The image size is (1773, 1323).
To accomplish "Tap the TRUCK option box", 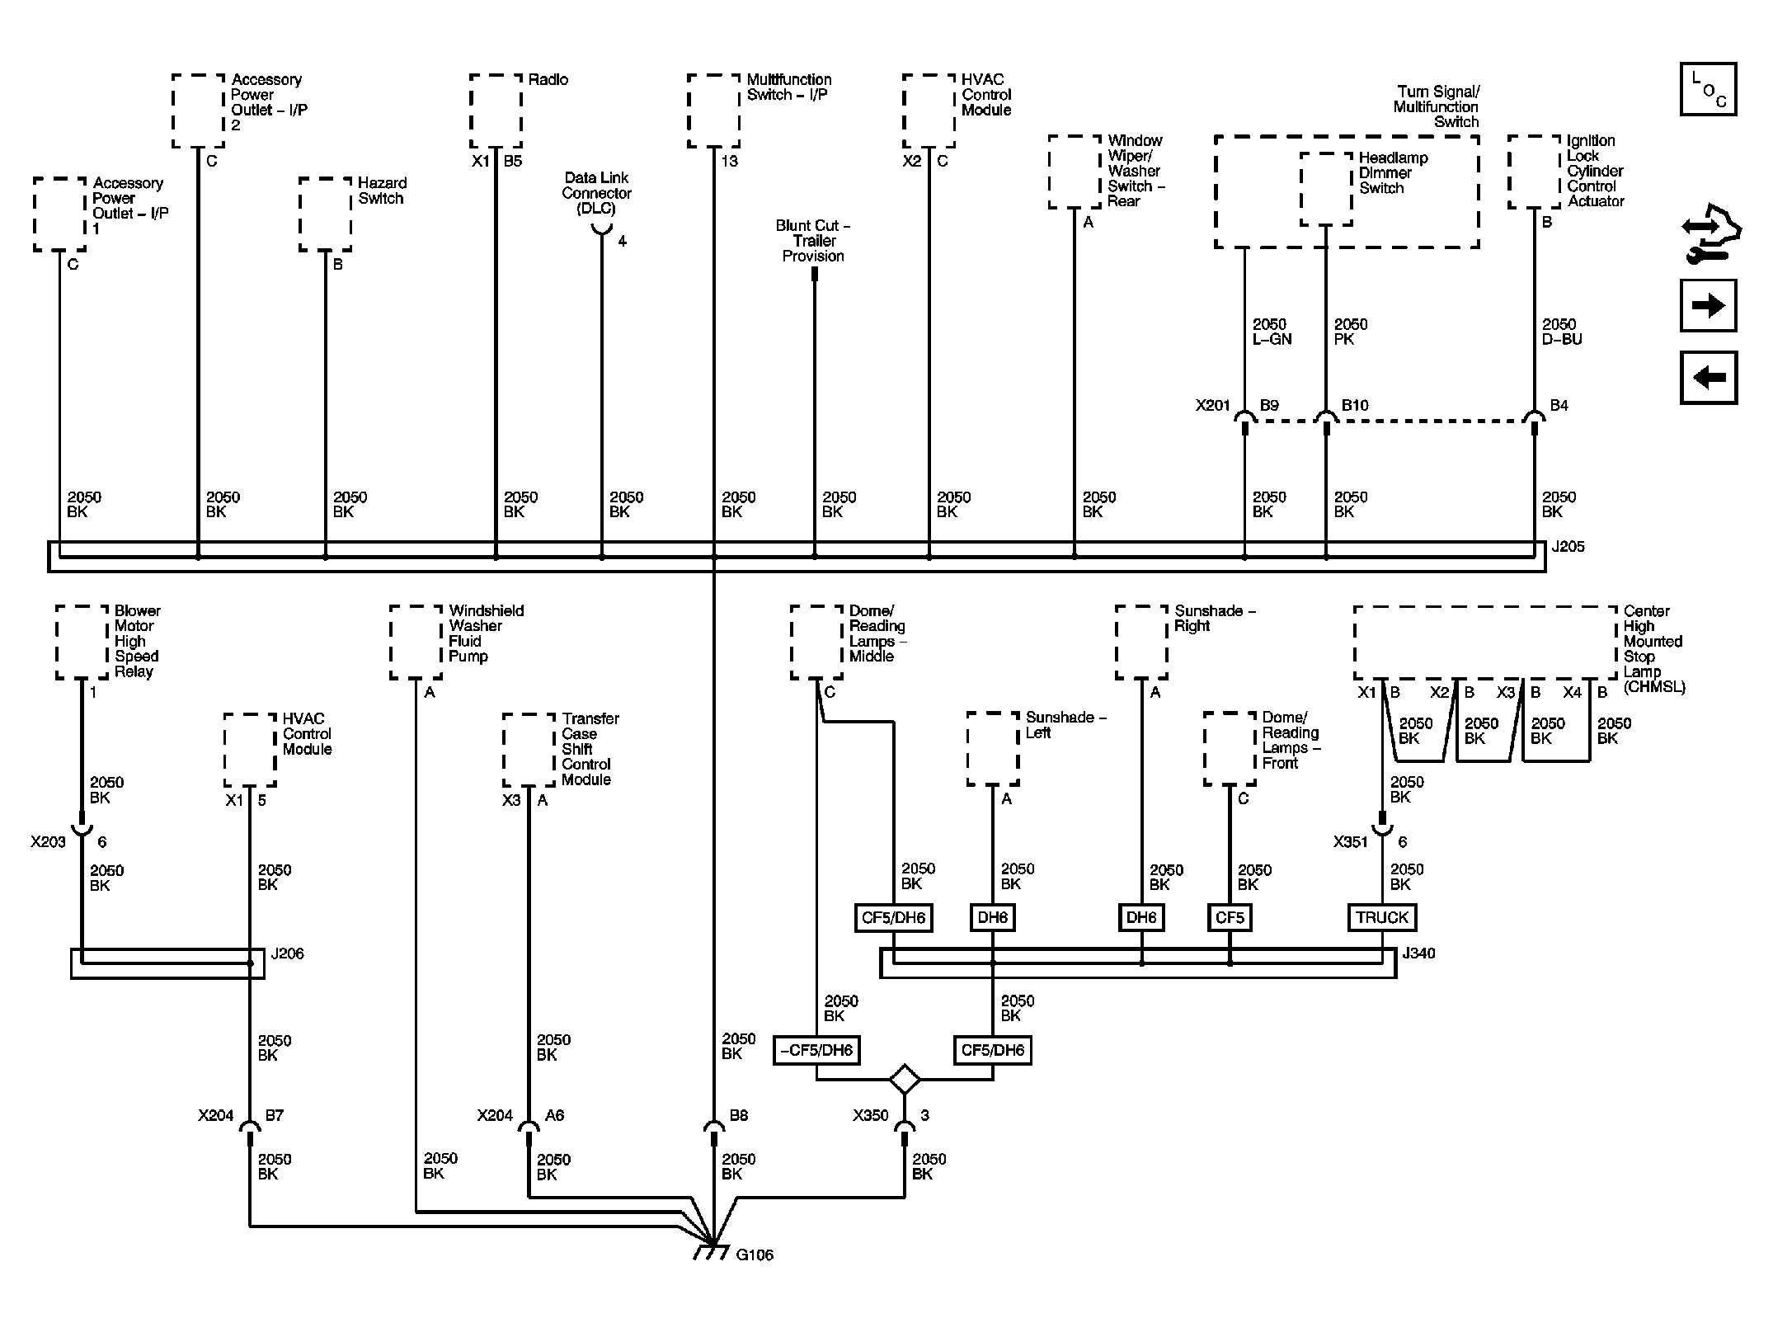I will coord(1381,917).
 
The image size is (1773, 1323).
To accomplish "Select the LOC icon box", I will coord(1708,89).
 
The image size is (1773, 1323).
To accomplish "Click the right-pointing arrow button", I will coord(1708,305).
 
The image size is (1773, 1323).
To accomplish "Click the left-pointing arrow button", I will coord(1708,378).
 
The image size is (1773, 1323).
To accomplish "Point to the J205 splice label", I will coord(1567,547).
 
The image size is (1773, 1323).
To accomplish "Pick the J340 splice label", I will coord(1418,953).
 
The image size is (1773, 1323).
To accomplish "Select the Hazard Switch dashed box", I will coord(325,214).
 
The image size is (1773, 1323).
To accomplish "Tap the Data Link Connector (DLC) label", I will coord(596,193).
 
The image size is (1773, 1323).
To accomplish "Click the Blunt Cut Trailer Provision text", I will coord(813,241).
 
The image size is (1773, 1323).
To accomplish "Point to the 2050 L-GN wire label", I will coord(1271,332).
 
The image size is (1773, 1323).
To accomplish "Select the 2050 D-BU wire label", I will coord(1561,332).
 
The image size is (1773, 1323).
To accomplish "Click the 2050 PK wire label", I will coord(1350,332).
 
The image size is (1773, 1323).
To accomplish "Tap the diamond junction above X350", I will coord(905,1079).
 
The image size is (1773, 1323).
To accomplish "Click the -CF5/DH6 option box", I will coord(816,1051).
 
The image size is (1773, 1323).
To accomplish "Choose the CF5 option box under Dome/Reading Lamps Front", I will coord(1230,917).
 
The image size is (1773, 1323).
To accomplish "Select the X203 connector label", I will coord(48,842).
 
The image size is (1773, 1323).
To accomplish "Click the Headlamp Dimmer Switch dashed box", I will coord(1325,189).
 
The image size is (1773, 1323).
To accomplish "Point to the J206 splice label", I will coord(287,953).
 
